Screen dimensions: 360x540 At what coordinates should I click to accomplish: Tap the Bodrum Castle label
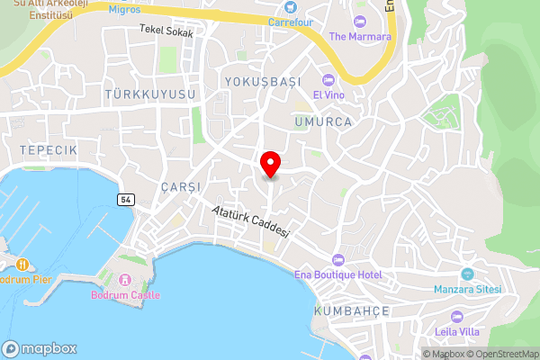tap(125, 294)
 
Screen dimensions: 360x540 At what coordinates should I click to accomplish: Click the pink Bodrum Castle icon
tap(125, 279)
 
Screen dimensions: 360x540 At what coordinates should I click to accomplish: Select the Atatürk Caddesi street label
tap(251, 220)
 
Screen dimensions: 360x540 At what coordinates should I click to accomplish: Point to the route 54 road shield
tap(125, 199)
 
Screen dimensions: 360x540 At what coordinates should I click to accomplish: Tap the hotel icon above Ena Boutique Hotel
tap(338, 259)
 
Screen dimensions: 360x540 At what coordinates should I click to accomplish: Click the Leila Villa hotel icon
tap(456, 316)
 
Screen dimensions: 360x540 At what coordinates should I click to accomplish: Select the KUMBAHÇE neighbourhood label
tap(351, 310)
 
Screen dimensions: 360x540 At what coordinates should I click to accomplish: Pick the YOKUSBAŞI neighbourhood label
tap(262, 82)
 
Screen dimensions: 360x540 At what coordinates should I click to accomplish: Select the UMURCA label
tap(321, 120)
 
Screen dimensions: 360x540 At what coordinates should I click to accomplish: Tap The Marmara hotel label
tap(360, 36)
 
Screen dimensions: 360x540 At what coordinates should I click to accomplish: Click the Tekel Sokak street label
tap(166, 29)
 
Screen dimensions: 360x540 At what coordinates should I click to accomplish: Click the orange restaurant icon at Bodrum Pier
tap(22, 265)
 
